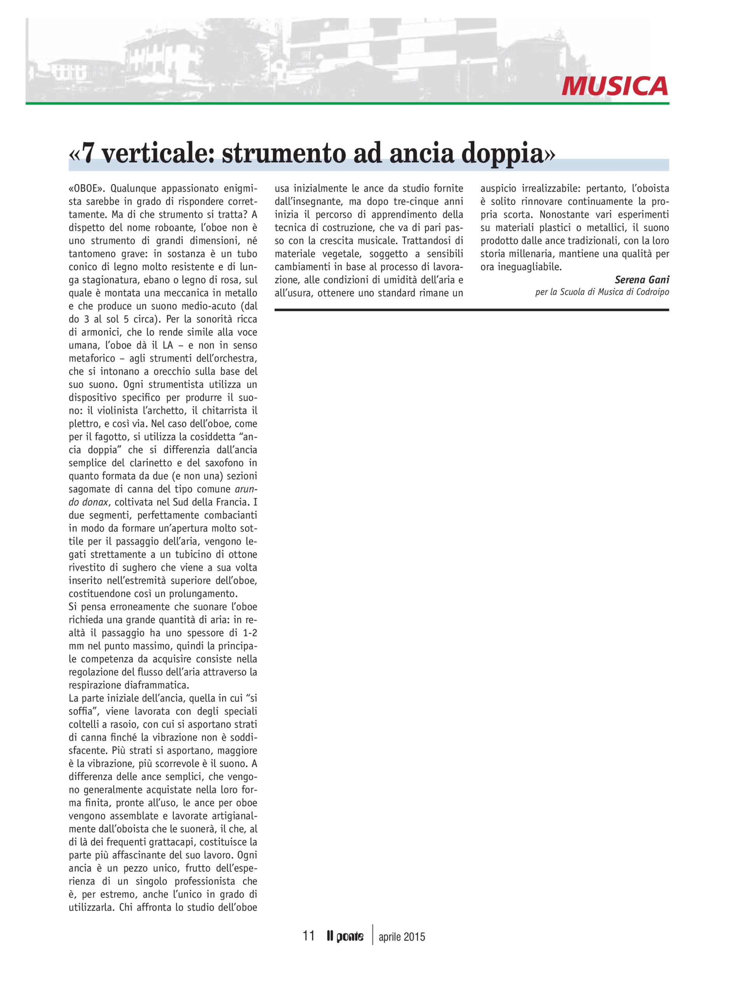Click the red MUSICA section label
click(614, 86)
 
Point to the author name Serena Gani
click(642, 279)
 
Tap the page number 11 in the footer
click(308, 936)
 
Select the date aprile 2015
click(402, 936)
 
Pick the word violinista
click(110, 410)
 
